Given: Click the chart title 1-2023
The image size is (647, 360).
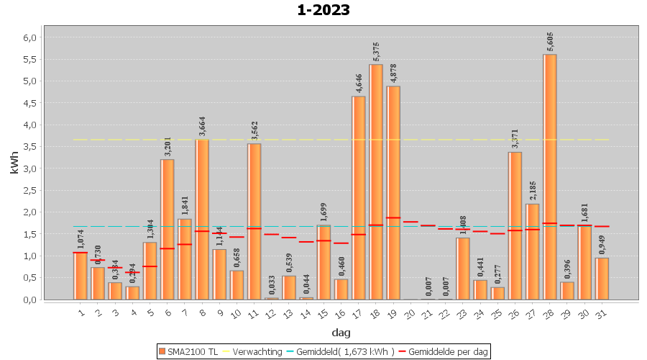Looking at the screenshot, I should point(323,10).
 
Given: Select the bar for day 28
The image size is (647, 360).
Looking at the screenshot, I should point(550,176).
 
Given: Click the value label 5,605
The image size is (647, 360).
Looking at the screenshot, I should point(551,42).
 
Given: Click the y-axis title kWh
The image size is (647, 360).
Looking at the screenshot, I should point(14,168).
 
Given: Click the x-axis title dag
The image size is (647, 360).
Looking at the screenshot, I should point(341,332).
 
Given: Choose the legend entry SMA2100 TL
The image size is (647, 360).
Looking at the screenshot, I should point(188,351).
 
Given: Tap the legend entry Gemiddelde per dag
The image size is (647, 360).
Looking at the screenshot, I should point(446,351).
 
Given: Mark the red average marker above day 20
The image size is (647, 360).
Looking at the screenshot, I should point(411,222).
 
